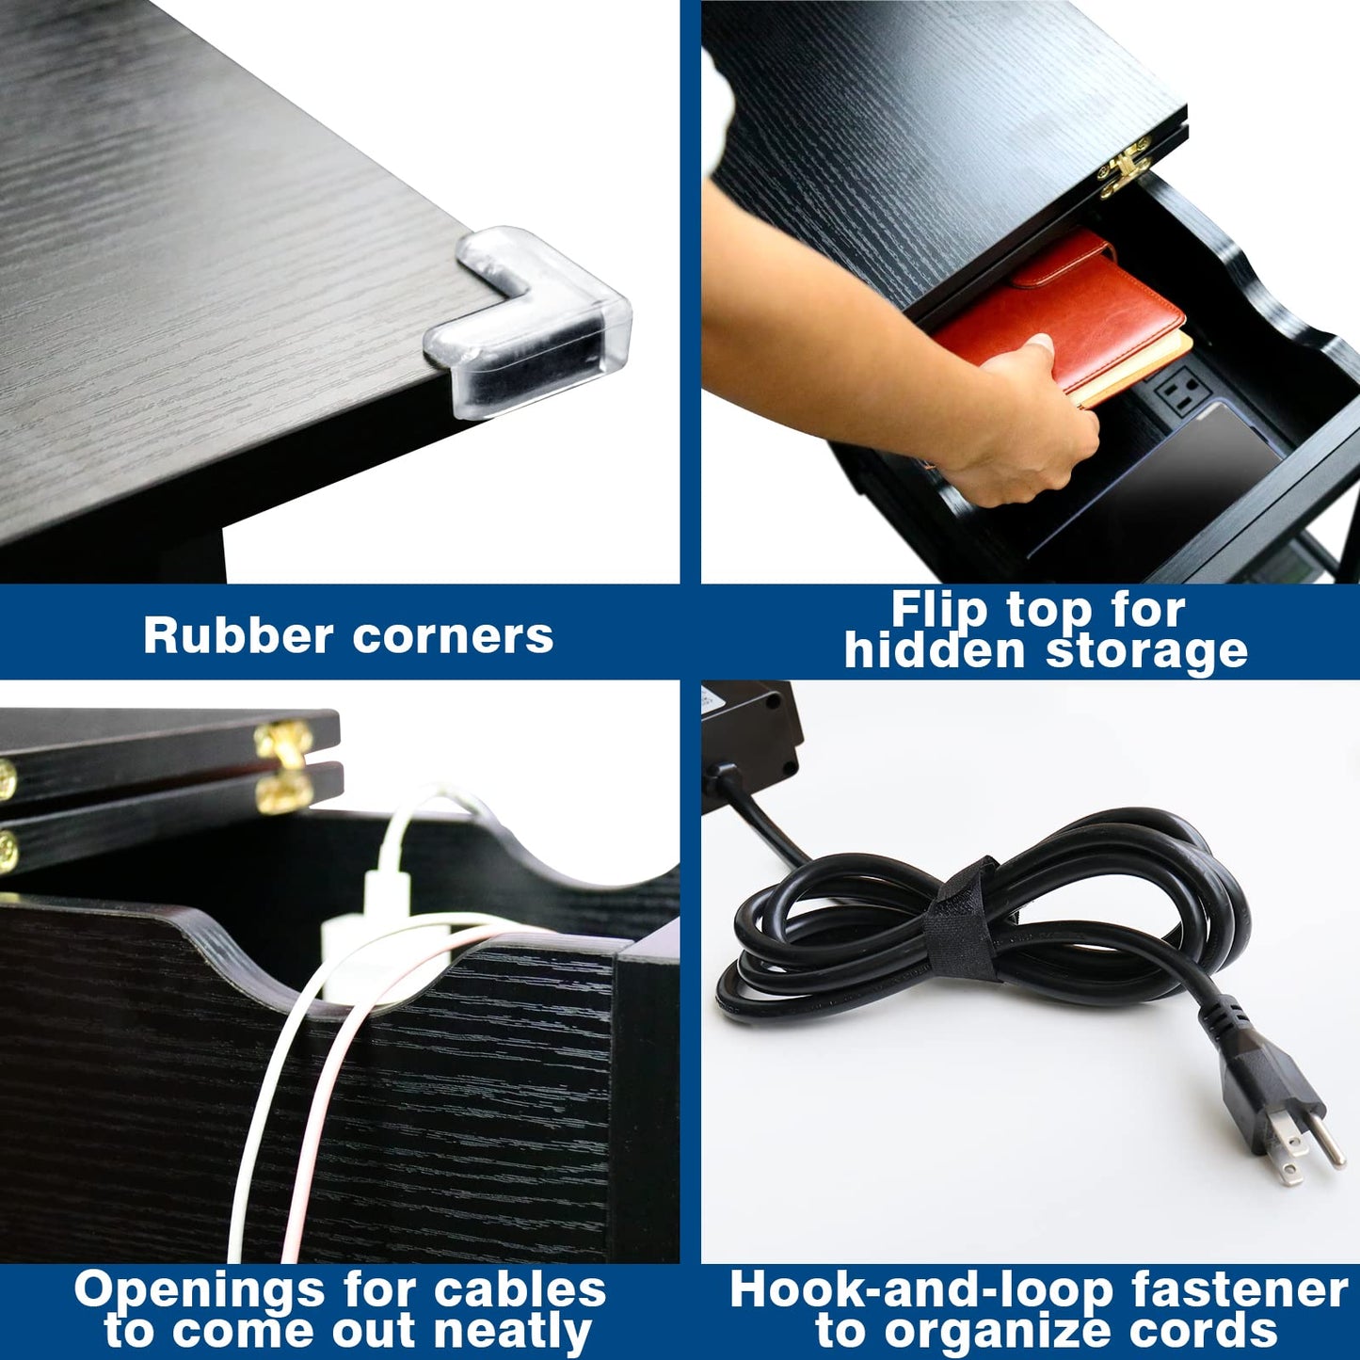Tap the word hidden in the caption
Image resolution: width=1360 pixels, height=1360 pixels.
935,650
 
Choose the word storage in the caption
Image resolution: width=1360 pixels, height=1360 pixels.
1146,651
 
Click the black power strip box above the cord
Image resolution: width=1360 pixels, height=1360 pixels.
751,744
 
